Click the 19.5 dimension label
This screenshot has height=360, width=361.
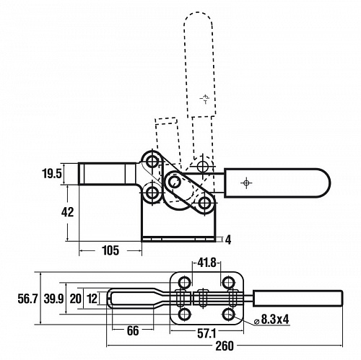coord(52,173)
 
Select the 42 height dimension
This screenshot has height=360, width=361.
coord(67,212)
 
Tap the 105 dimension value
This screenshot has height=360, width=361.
coord(110,250)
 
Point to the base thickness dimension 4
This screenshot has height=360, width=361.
coord(228,240)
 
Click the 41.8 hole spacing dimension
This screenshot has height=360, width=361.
coord(206,263)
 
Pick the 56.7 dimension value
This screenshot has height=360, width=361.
coord(27,299)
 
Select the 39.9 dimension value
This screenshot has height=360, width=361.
coord(53,299)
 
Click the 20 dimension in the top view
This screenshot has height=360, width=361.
coord(75,299)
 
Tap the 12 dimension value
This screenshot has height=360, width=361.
coord(92,299)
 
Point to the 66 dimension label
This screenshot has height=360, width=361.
coord(133,330)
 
